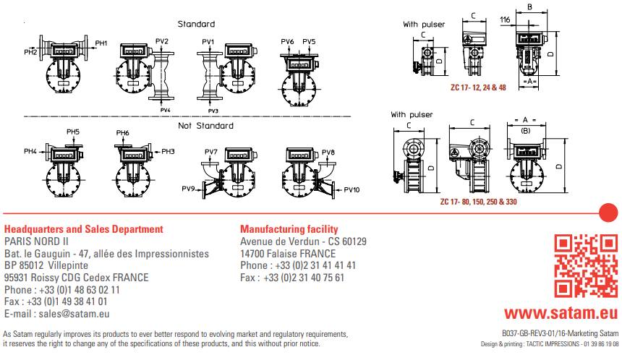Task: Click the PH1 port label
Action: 101,43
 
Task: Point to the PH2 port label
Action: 30,52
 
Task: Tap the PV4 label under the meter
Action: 165,110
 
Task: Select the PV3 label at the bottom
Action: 213,111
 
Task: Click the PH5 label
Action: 73,132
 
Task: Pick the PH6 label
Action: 122,133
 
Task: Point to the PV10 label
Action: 352,190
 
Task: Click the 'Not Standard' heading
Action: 206,126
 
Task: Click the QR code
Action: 586,265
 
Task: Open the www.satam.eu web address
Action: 561,312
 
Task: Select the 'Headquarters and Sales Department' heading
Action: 84,229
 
